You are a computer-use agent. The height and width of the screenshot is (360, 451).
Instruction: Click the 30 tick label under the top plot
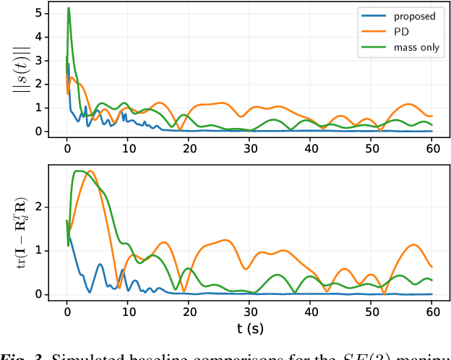click(x=251, y=148)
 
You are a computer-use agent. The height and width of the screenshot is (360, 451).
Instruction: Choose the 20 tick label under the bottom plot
click(x=189, y=312)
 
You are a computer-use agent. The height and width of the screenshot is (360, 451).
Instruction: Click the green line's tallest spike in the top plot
click(x=69, y=8)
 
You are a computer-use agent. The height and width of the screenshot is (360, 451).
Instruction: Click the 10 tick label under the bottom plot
click(x=128, y=312)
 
